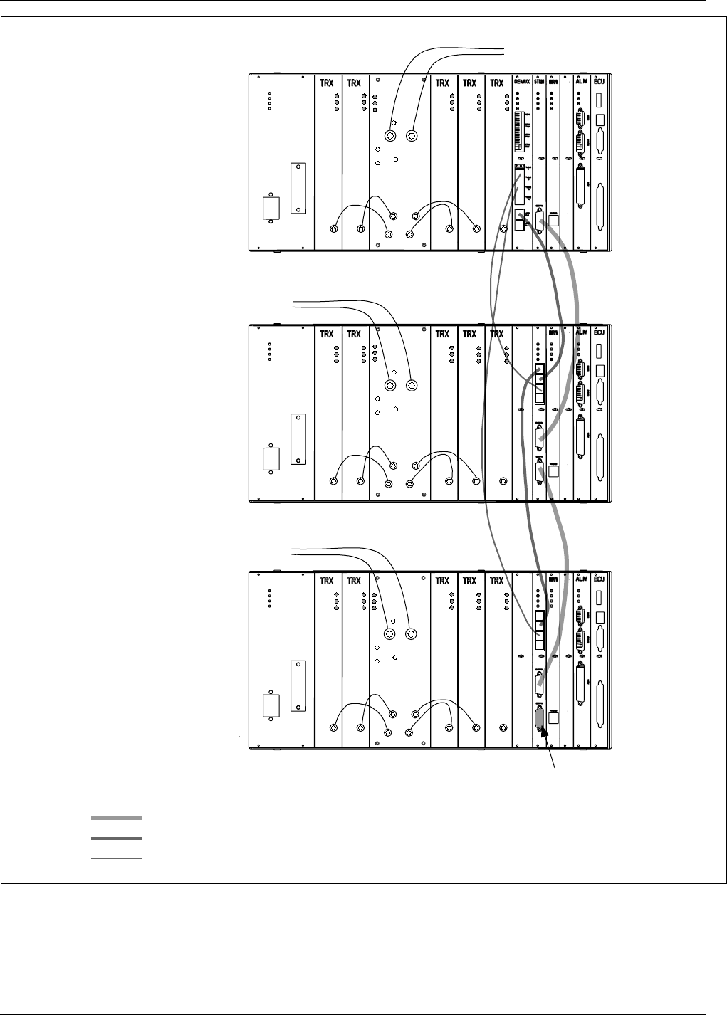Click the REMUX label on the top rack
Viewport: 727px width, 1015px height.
523,83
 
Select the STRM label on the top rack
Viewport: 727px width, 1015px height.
540,83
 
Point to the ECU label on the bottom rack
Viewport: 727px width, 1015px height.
600,581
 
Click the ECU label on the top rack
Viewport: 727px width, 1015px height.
600,83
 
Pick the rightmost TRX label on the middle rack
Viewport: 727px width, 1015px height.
496,333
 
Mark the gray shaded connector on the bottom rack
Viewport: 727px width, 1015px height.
540,717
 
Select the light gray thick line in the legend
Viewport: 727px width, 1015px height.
116,817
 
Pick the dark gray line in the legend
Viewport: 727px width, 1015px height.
116,838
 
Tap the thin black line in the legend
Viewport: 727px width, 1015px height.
116,859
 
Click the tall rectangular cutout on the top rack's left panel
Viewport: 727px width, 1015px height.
297,189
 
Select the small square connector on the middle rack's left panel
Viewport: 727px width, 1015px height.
271,458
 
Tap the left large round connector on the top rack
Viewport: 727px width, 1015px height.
390,136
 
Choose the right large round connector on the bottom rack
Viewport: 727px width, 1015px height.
411,634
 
